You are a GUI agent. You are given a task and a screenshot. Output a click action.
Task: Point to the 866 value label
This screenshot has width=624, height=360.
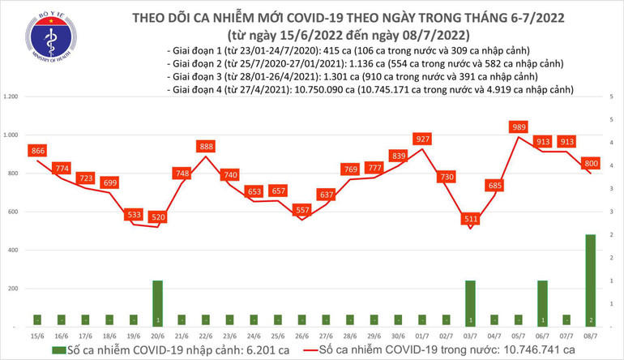pyautogui.click(x=36, y=151)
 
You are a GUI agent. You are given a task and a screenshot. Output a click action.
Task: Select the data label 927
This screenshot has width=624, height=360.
pyautogui.click(x=421, y=139)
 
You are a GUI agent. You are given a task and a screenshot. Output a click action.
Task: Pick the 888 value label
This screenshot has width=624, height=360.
pyautogui.click(x=206, y=147)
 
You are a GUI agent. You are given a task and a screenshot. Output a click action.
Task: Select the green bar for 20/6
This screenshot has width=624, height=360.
pyautogui.click(x=158, y=302)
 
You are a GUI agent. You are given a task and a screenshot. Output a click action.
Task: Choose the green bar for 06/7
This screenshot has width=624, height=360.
pyautogui.click(x=541, y=302)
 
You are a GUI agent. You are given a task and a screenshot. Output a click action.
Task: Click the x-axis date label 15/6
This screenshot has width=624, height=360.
pyautogui.click(x=37, y=334)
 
